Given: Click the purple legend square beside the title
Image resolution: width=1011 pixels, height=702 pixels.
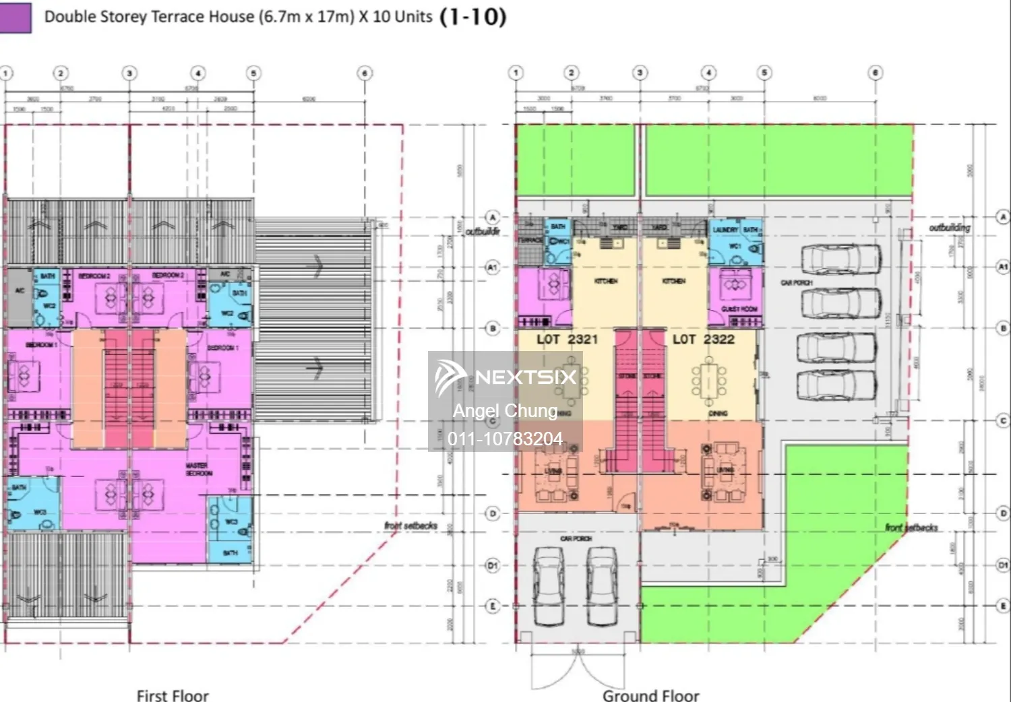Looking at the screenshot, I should point(15,18).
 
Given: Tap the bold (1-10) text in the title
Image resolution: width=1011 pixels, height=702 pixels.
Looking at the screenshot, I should point(472,16).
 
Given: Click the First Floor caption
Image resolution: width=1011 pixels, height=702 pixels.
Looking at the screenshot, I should point(173,695).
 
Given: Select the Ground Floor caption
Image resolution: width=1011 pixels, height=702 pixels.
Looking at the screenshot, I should point(650,695).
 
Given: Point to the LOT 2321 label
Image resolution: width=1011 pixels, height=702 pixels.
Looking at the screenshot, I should point(567,340).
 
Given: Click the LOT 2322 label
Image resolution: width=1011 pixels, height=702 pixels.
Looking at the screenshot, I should point(703,340).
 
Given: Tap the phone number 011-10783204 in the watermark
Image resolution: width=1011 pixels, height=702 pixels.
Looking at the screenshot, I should point(505,439).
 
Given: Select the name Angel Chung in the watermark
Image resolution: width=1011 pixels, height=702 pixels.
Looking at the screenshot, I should point(505,410).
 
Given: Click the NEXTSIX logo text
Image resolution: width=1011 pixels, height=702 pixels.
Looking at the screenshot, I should point(525,377).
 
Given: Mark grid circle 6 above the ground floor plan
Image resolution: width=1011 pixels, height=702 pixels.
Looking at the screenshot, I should point(875,73).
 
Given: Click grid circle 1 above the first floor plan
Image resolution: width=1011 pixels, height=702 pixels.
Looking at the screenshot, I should point(5,73).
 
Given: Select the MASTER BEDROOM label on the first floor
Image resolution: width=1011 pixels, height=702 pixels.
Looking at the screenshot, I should point(200,469).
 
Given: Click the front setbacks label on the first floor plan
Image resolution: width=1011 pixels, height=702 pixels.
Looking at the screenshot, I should point(410,525).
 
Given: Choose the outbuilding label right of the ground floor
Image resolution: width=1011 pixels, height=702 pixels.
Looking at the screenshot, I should point(950,228).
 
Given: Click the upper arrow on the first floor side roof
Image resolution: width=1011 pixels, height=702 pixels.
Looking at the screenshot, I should point(315,266).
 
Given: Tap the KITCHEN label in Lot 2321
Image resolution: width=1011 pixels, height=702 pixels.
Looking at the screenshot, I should point(606,281).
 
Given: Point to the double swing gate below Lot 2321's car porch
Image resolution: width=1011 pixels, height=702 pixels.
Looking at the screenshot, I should point(576,670).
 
